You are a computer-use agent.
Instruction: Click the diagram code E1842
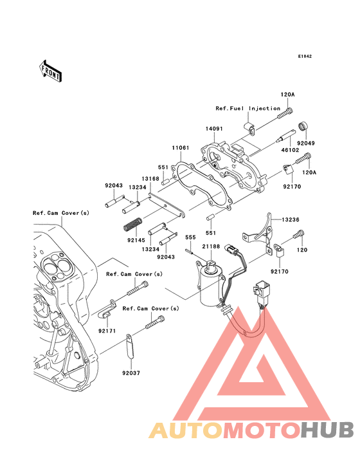pyautogui.click(x=305, y=57)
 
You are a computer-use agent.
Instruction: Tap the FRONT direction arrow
pyautogui.click(x=51, y=70)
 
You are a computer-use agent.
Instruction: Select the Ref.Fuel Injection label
pyautogui.click(x=248, y=108)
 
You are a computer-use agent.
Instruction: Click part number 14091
pyautogui.click(x=214, y=129)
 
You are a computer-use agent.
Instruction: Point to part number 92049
pyautogui.click(x=306, y=143)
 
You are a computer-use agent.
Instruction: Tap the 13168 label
pyautogui.click(x=150, y=178)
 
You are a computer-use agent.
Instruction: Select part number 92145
pyautogui.click(x=136, y=239)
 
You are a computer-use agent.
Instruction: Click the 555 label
pyautogui.click(x=190, y=237)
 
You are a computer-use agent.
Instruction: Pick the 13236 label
pyautogui.click(x=289, y=219)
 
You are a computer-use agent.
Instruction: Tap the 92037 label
pyautogui.click(x=130, y=373)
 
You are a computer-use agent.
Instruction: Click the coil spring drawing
pyautogui.click(x=132, y=226)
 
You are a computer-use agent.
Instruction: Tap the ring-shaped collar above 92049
pyautogui.click(x=301, y=125)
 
